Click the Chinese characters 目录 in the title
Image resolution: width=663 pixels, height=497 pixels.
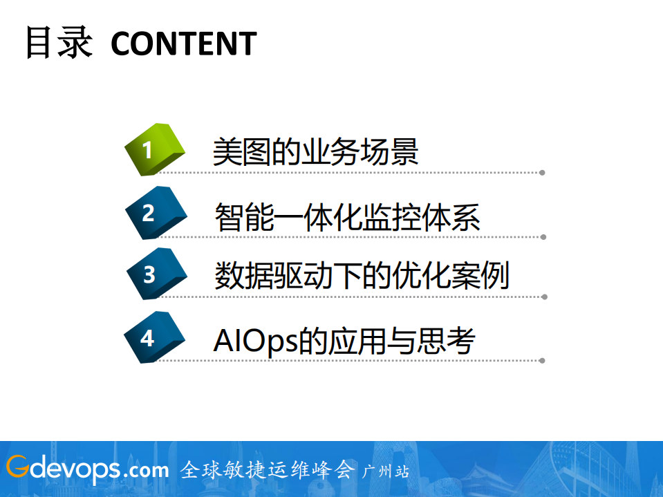tap(59, 43)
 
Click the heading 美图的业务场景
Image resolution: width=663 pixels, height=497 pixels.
tap(315, 152)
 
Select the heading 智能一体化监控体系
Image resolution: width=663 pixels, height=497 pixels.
tap(347, 216)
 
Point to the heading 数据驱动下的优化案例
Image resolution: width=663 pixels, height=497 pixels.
tap(362, 276)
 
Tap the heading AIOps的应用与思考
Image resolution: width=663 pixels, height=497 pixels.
tap(344, 340)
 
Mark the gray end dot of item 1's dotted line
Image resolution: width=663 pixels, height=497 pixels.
tap(543, 173)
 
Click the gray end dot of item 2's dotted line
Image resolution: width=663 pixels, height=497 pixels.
tap(543, 237)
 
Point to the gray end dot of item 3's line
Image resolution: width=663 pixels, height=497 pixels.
tap(545, 297)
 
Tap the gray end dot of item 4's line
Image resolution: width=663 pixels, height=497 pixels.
tap(543, 360)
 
